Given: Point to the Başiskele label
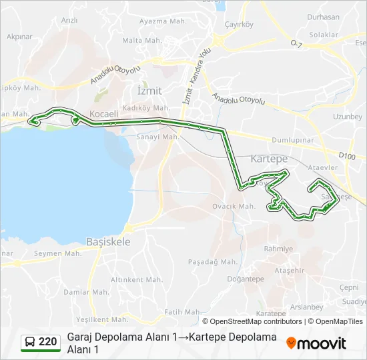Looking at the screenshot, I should coord(108,242).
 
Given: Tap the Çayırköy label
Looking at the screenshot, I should coord(240,25).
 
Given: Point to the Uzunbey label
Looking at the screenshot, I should coord(347,116).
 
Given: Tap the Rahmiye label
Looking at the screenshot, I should coord(278,249).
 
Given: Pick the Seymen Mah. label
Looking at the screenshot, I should coord(57,253).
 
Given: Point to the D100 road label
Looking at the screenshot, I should coord(347,156).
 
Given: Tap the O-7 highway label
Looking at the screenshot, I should coord(296,44).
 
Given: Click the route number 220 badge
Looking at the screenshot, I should coord(47,342).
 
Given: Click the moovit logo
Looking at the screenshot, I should coord(316,343).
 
